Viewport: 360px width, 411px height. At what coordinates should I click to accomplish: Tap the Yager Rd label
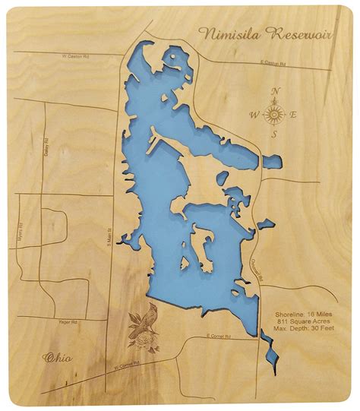click(68, 322)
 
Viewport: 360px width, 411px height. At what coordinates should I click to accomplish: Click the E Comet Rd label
click(219, 336)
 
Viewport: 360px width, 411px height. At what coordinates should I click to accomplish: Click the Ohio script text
click(58, 357)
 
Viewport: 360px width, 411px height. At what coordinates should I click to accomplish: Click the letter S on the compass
click(274, 135)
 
